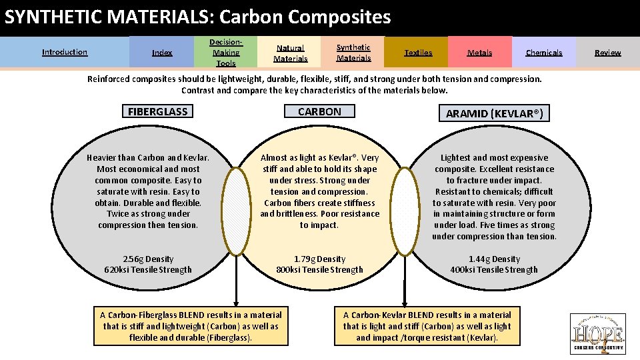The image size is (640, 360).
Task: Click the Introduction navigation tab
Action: (65, 52)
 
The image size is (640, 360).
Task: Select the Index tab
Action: (162, 53)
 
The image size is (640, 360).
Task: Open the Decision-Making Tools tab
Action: (225, 53)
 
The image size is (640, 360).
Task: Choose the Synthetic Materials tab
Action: (353, 53)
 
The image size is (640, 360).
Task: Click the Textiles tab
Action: (418, 53)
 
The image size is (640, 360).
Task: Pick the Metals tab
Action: (479, 53)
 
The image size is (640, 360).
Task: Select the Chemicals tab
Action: (543, 53)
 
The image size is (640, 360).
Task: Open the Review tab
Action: (607, 53)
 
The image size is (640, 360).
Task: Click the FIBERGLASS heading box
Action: (158, 111)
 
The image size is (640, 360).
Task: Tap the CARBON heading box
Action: (319, 111)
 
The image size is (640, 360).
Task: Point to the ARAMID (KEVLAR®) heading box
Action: (495, 113)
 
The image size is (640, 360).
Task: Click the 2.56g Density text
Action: (148, 259)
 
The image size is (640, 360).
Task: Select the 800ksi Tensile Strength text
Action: (320, 270)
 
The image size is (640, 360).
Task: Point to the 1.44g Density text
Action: (494, 259)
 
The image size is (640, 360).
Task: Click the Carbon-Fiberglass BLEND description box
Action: (191, 326)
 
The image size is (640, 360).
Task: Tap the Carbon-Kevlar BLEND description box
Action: (427, 326)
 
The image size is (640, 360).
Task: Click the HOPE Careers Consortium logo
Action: (597, 333)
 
